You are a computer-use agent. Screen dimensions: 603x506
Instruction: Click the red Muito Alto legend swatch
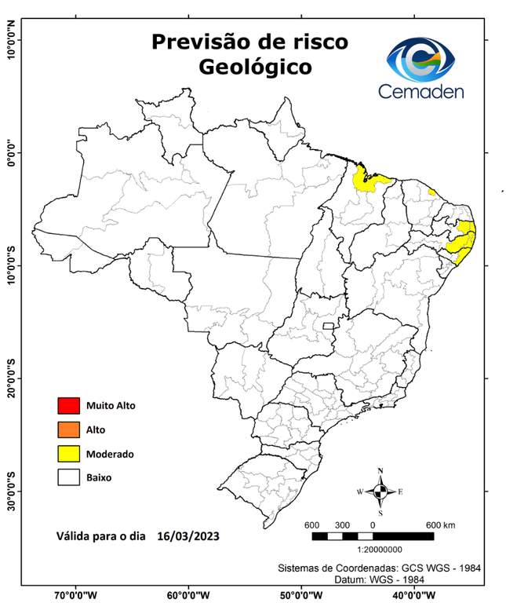[69, 406]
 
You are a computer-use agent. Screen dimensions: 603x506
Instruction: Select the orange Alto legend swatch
[69, 429]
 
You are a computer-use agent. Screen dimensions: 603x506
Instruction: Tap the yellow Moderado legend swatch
[69, 453]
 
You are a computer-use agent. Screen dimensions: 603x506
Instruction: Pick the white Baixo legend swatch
[69, 477]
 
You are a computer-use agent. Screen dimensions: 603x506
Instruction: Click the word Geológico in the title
[254, 67]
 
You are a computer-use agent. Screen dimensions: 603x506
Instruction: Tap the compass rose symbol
[380, 492]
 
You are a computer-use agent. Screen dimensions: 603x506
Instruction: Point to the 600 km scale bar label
[439, 524]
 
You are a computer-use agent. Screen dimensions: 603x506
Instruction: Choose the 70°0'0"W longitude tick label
[75, 595]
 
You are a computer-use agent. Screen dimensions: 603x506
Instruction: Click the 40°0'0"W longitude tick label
[411, 595]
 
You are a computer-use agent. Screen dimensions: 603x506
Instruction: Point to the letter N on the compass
[380, 471]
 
